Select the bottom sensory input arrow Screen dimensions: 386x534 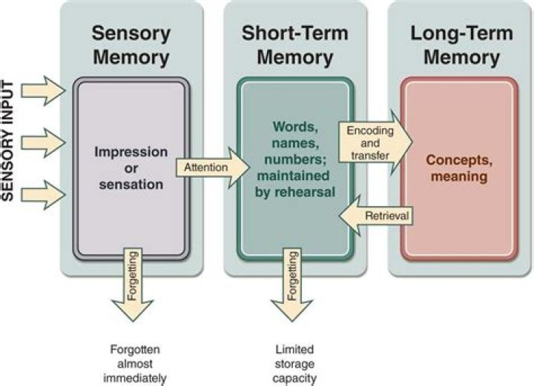click(x=44, y=193)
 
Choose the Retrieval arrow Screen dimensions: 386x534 click(x=375, y=216)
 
